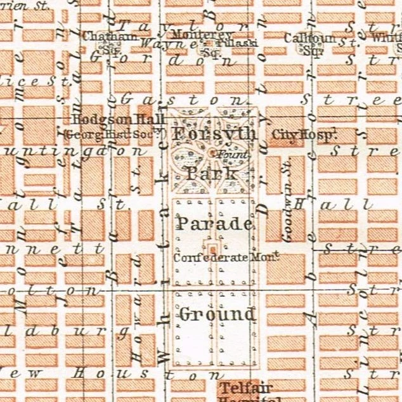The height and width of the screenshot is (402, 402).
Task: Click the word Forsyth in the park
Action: click(x=214, y=135)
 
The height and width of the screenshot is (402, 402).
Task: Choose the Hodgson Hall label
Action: click(x=119, y=120)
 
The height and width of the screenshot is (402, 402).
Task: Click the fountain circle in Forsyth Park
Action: click(x=212, y=152)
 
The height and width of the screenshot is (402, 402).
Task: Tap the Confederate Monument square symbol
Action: click(x=212, y=249)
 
